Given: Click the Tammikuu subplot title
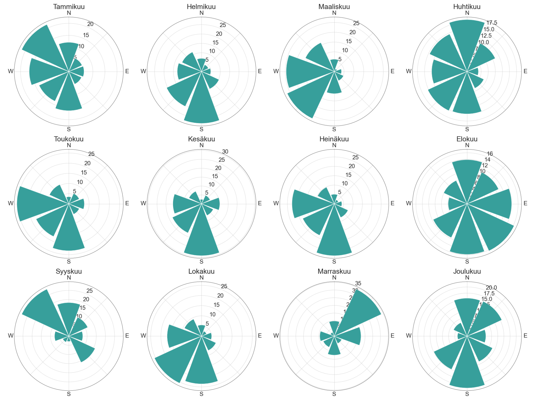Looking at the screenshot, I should coord(69,7).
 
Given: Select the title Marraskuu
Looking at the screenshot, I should coord(334,271).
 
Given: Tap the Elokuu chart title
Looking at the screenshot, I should coord(467,139).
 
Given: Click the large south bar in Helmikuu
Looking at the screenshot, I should coord(201,106).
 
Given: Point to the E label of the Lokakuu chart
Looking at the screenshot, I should coord(260,336).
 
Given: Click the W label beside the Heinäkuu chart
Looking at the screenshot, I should coord(276,203).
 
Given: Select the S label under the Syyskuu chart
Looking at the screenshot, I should coord(69,394).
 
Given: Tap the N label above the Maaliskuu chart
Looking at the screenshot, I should coord(334,13).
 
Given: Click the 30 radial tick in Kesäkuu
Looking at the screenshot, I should coord(225,152).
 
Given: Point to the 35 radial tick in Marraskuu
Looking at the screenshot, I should coord(358,283).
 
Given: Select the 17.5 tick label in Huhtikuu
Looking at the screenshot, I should coord(492,23).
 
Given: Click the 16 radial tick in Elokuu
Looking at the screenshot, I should coord(490,154).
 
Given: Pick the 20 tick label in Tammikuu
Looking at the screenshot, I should coord(90,24).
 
